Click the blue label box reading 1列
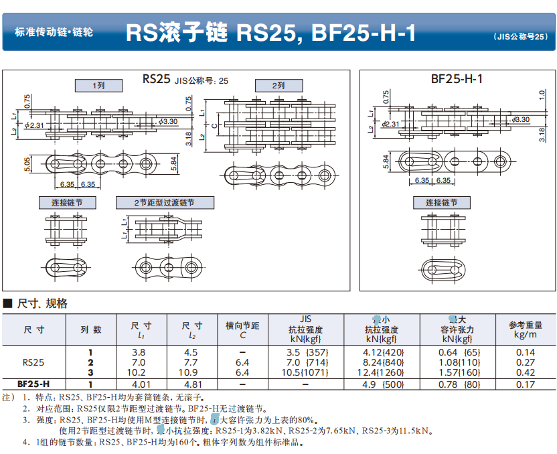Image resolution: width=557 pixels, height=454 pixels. (x=98, y=85)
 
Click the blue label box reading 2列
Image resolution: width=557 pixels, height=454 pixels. (x=278, y=85)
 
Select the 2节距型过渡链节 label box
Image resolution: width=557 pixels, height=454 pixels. (x=165, y=202)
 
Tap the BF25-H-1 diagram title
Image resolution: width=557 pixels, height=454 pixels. (x=457, y=78)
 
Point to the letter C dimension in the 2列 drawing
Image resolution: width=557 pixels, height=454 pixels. (x=214, y=125)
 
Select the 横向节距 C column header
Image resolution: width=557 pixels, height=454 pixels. (x=242, y=330)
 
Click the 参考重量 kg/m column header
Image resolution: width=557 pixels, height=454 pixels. (x=526, y=329)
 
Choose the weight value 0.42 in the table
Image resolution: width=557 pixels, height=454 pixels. (x=526, y=372)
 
